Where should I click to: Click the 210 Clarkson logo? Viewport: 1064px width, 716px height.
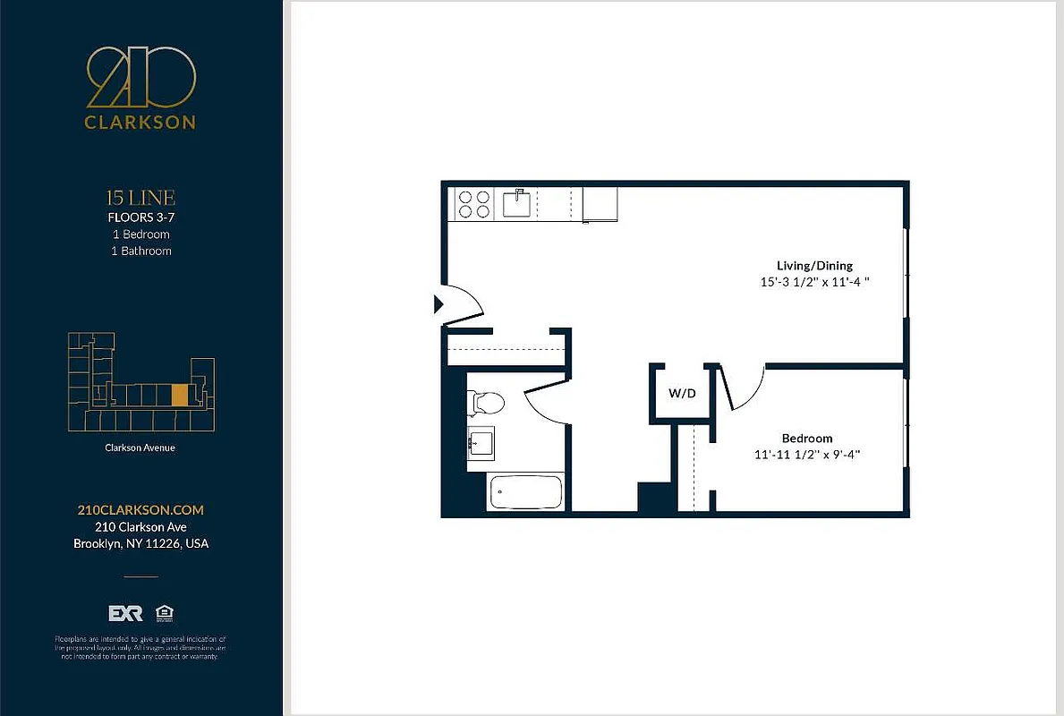tap(140, 89)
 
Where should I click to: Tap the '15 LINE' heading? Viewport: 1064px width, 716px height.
tap(140, 198)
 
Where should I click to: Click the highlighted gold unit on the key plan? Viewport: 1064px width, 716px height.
tap(180, 395)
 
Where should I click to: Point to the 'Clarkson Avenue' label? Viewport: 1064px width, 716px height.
tap(140, 447)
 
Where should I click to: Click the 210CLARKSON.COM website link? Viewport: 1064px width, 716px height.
tap(140, 510)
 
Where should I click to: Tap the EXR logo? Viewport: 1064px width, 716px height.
tap(125, 613)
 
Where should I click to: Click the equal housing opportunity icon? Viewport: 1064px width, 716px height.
tap(164, 613)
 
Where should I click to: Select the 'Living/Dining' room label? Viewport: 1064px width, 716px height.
tap(814, 266)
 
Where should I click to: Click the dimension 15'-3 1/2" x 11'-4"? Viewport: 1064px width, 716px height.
tap(814, 282)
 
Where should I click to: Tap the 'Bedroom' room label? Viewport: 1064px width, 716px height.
tap(807, 439)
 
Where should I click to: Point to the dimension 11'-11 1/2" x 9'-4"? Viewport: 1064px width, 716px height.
tap(807, 455)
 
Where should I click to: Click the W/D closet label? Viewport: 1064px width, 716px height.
tap(682, 394)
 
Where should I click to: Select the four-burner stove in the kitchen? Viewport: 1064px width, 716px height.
tap(474, 204)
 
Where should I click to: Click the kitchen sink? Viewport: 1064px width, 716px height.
tap(517, 204)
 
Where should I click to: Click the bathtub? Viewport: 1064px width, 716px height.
tap(526, 492)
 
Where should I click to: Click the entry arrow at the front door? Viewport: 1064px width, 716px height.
tap(438, 304)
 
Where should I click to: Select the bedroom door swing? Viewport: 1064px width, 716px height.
tap(745, 388)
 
